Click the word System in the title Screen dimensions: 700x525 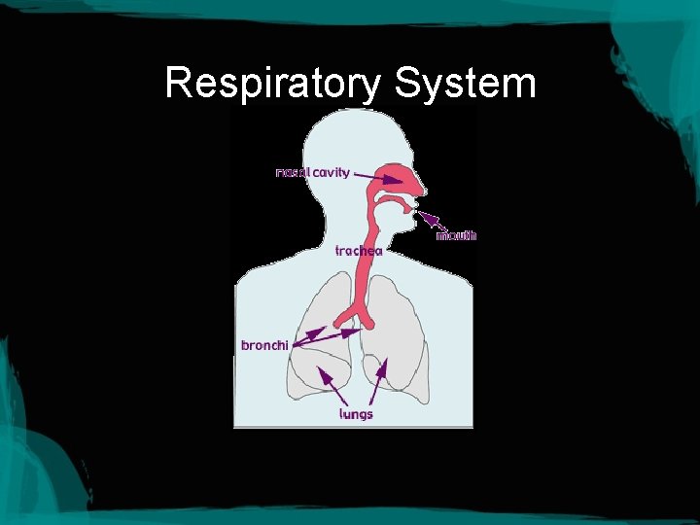466,84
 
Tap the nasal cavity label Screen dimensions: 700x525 313,172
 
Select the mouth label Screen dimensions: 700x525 456,235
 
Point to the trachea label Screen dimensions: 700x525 359,250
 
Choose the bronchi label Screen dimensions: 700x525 264,345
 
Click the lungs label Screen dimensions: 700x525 356,413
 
